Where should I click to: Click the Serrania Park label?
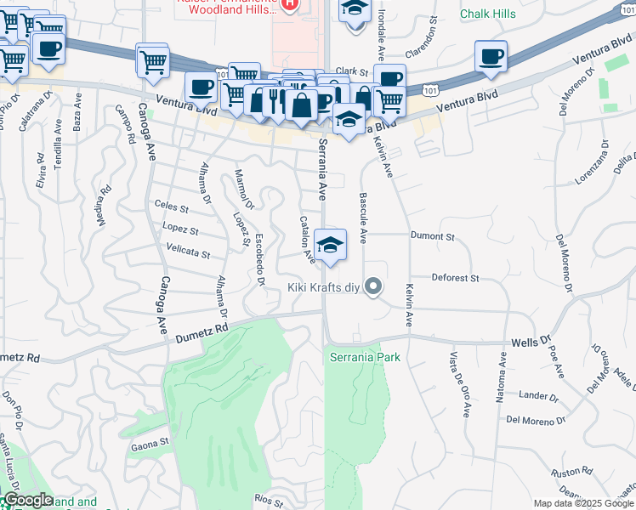(x=365, y=358)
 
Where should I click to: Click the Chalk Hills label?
(x=487, y=14)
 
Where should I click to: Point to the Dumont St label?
(x=433, y=236)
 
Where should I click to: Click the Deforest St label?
(x=456, y=278)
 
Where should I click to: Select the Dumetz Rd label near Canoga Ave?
(x=202, y=331)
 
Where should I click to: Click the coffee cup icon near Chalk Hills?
(x=491, y=57)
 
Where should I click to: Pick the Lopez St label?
(x=180, y=230)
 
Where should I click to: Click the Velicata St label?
(x=189, y=252)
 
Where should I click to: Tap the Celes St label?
(x=171, y=205)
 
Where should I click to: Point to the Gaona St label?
(x=150, y=444)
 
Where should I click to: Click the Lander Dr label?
(x=538, y=396)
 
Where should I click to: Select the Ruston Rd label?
(x=571, y=472)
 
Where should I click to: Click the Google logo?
(x=27, y=500)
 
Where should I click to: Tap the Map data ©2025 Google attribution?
(x=583, y=503)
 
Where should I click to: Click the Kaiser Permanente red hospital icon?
(x=289, y=4)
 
